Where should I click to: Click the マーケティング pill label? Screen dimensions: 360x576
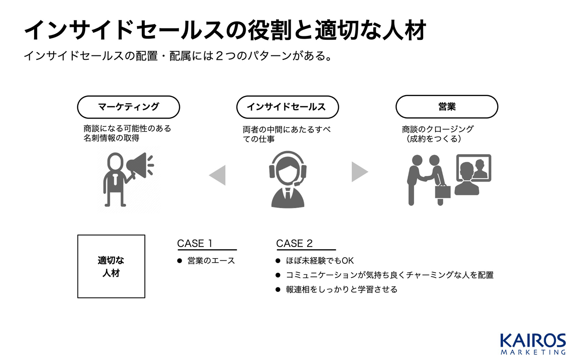tap(128, 107)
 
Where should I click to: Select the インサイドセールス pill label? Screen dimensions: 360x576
tap(287, 107)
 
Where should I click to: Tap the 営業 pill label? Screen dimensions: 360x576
tap(447, 107)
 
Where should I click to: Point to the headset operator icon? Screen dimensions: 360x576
tap(288, 179)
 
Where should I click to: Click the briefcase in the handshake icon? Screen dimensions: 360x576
tap(442, 191)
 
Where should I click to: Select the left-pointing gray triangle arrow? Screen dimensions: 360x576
tap(218, 175)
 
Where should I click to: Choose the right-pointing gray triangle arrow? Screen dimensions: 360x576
tap(359, 171)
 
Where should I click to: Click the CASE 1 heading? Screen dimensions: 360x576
tap(195, 244)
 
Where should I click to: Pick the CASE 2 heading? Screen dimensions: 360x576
tap(294, 244)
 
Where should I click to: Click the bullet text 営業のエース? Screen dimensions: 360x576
tap(211, 261)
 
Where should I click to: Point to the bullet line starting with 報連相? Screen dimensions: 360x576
tap(341, 290)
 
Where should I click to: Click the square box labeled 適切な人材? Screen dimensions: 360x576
tap(111, 266)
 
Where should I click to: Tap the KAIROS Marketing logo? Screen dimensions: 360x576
tap(533, 344)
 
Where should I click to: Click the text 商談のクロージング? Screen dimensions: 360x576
tap(438, 129)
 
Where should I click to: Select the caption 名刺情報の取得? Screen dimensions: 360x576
tap(111, 139)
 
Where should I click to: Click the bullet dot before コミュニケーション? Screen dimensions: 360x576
tap(278, 275)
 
